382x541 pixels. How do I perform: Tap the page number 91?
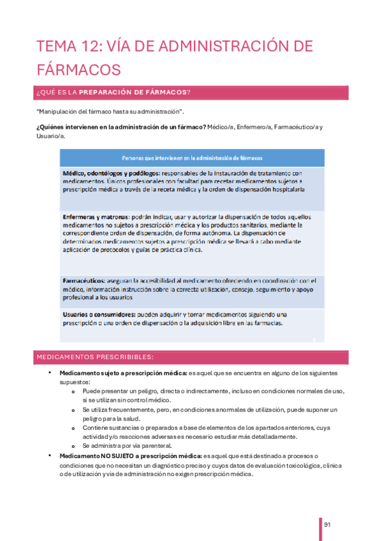(x=327, y=525)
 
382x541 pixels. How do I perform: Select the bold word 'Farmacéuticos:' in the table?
(x=85, y=281)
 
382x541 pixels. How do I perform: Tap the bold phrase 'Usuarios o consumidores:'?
(x=99, y=315)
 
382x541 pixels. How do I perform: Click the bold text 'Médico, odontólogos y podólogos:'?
(x=111, y=173)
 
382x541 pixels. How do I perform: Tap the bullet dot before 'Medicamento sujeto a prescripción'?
(x=49, y=372)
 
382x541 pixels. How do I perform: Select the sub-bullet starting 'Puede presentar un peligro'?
(x=213, y=391)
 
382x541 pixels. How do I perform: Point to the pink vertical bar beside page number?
(x=320, y=528)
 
